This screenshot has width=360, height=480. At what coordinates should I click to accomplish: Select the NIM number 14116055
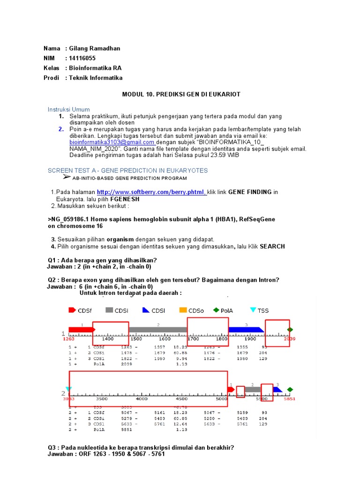(82, 58)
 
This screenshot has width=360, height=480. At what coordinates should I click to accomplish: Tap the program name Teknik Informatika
(96, 78)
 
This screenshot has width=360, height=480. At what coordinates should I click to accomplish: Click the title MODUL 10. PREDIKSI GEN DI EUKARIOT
(181, 94)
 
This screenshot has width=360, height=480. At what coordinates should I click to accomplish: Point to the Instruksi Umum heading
(68, 109)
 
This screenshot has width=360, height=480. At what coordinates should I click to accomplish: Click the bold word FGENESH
(125, 199)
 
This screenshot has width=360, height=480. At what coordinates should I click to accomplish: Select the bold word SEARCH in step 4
(272, 247)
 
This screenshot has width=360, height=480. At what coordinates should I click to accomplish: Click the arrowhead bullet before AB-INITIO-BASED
(67, 177)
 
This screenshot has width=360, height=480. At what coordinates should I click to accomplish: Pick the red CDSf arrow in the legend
(72, 310)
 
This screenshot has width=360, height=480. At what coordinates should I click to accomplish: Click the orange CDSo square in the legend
(183, 310)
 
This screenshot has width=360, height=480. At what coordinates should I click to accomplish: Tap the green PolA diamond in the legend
(216, 310)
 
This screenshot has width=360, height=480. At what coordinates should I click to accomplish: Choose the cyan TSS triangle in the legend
(253, 310)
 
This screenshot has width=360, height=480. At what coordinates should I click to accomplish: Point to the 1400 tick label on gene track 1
(107, 338)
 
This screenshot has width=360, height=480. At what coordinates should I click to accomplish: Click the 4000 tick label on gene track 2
(142, 398)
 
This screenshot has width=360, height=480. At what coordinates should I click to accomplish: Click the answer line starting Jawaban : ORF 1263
(106, 454)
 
